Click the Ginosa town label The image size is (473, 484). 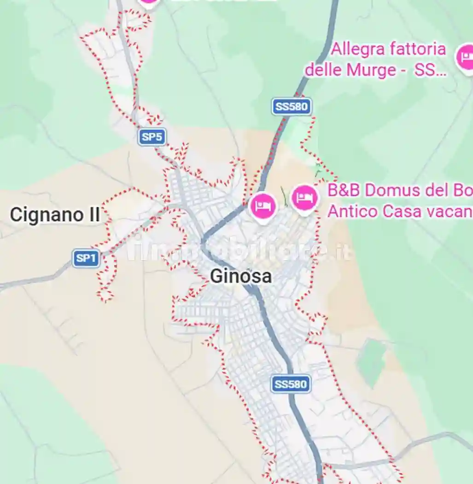click(x=240, y=276)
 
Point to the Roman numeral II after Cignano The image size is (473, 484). click(x=93, y=215)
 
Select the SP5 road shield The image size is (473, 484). click(x=152, y=137)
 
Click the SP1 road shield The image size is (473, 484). click(x=86, y=258)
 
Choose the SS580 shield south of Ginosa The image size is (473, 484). click(x=291, y=384)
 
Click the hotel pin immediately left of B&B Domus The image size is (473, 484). click(x=304, y=199)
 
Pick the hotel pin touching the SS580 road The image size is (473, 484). click(x=263, y=206)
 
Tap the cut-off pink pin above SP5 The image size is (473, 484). click(x=149, y=2)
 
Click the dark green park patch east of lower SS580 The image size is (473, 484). click(x=371, y=361)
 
